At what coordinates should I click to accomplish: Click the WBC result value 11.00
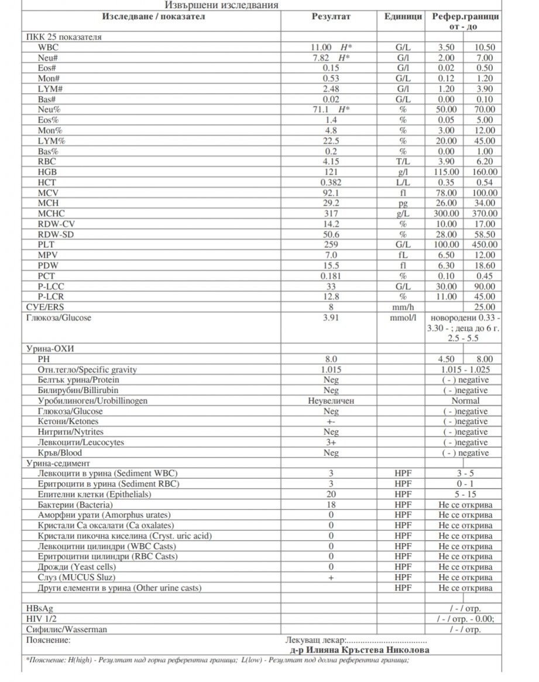point(322,47)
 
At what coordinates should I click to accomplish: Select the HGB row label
point(48,172)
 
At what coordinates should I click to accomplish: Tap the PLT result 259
point(331,244)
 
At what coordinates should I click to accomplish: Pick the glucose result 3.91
point(331,317)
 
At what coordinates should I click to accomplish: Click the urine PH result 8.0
point(331,359)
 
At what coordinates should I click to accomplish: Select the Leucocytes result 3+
point(331,442)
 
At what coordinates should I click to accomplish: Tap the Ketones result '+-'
point(331,421)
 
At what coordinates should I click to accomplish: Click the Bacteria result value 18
point(331,504)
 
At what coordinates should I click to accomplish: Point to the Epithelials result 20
point(331,494)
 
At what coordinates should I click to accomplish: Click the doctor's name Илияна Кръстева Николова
point(359,650)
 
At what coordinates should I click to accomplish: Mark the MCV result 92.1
point(331,193)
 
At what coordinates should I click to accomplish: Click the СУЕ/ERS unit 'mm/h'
point(403,306)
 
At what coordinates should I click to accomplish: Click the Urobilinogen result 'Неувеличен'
point(331,401)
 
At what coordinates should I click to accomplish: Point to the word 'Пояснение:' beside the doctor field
point(49,640)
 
